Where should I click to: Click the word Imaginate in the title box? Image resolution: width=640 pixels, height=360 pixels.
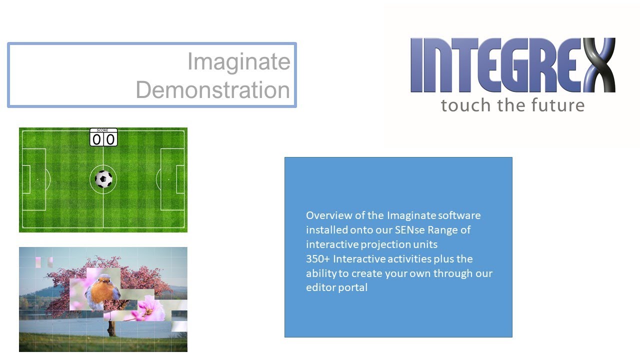pos(238,62)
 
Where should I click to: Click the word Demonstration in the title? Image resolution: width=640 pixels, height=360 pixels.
pos(212,90)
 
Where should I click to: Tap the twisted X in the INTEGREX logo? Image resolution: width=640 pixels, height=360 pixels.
pos(594,65)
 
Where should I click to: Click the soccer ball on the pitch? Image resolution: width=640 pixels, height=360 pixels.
pos(103,179)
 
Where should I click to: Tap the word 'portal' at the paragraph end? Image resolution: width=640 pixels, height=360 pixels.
pos(352,288)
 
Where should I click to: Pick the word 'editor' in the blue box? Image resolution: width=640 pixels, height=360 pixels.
pos(319,288)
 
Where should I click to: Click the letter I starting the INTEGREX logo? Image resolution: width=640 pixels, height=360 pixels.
pos(416,65)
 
